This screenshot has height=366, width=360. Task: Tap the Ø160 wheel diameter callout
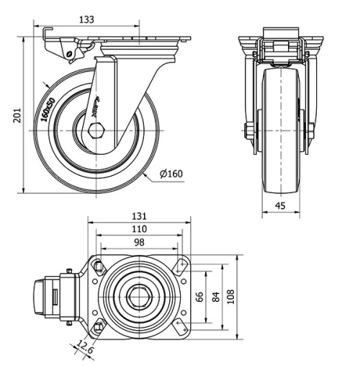click(171, 173)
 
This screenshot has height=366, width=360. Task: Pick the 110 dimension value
click(139, 229)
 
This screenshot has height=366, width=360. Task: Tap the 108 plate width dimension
click(230, 296)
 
